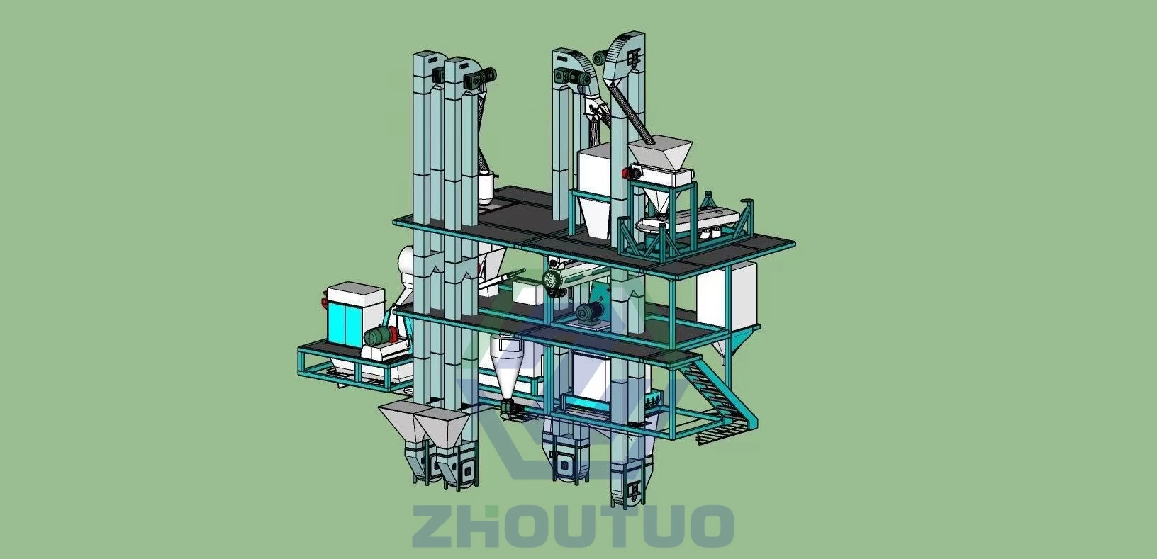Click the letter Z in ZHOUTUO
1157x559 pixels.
[437, 526]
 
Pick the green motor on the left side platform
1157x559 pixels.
[381, 336]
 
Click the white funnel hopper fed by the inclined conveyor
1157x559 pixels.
[659, 153]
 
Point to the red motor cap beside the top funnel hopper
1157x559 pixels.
[627, 173]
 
